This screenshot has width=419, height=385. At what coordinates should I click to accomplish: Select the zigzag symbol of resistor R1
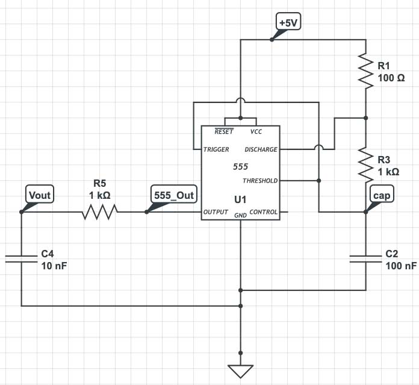pos(366,70)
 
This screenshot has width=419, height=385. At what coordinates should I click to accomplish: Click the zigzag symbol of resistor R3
pos(366,163)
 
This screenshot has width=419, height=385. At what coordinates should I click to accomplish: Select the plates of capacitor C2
pos(366,258)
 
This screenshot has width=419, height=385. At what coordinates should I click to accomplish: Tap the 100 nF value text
pos(401,266)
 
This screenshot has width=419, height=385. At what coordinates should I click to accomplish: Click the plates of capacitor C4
pos(21,258)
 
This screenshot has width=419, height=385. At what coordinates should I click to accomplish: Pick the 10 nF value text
pos(54,266)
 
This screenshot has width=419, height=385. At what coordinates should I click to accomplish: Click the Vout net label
pos(40,194)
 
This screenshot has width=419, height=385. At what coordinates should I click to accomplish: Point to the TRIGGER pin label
pos(217,149)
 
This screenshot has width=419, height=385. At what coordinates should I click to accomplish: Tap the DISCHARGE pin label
pos(261,149)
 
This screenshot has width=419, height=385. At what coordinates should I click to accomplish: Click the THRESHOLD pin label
pos(260,181)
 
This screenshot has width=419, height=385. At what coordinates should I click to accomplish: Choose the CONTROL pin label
pos(264,212)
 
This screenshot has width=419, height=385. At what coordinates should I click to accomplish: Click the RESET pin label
pos(224,131)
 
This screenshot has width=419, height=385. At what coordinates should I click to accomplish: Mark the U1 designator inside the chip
pos(240,198)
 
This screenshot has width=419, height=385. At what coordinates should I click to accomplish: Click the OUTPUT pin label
pos(216,212)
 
